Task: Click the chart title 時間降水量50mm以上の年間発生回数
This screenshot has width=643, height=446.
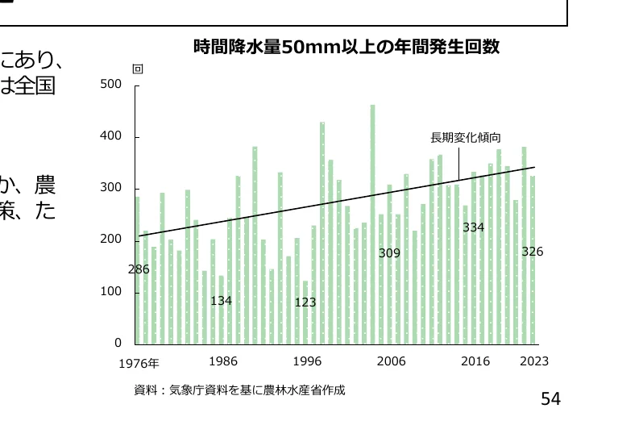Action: (x=346, y=48)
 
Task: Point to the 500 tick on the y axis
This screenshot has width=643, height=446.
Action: (x=110, y=85)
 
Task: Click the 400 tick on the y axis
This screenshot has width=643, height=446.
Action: (x=110, y=136)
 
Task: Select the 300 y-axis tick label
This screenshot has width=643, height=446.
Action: (x=110, y=188)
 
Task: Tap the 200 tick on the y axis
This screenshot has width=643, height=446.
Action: (x=110, y=240)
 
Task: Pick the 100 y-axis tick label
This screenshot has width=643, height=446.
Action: (x=110, y=291)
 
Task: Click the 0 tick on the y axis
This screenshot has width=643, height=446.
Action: (x=117, y=343)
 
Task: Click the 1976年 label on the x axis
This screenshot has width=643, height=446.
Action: (x=139, y=363)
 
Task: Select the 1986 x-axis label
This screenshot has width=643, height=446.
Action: (x=222, y=361)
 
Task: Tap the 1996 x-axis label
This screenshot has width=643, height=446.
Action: (x=307, y=361)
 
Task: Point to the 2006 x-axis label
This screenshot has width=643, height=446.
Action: (x=391, y=361)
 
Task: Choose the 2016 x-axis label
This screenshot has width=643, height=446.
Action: (x=475, y=361)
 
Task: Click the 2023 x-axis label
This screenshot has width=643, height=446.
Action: (x=534, y=361)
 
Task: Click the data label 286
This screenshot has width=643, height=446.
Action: (x=139, y=269)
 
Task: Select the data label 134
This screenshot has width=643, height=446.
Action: (x=222, y=301)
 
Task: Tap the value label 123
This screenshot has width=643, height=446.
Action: (x=305, y=302)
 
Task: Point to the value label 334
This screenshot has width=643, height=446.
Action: (x=473, y=227)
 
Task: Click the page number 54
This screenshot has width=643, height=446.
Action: (x=550, y=398)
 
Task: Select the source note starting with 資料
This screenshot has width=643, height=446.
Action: (x=239, y=390)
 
